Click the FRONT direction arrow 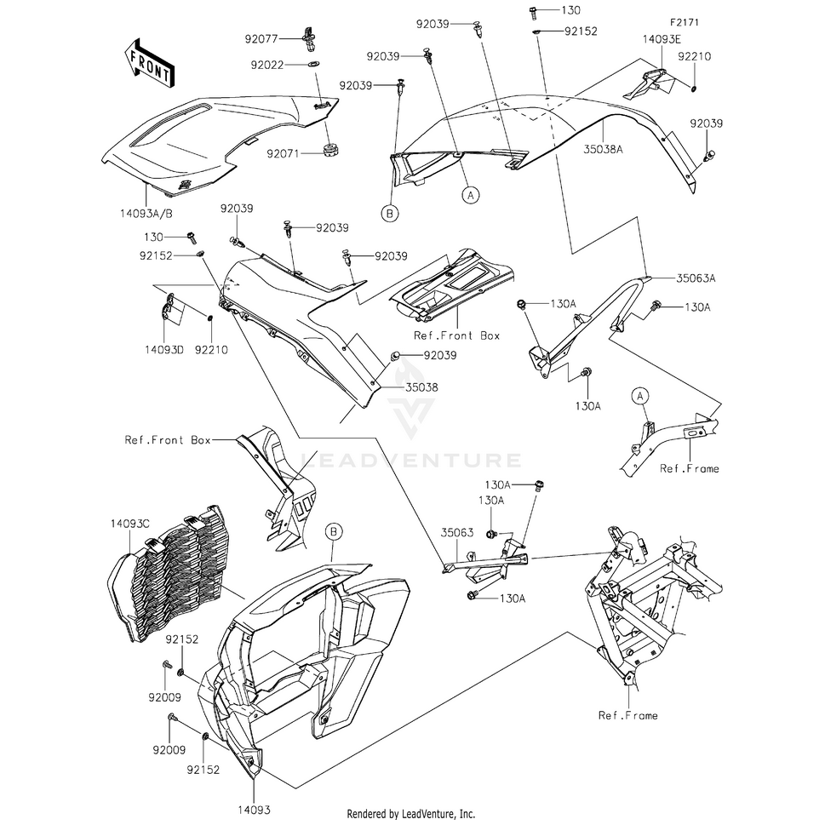pos(150,63)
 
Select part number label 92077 pos(261,39)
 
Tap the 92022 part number pos(267,66)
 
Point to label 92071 pos(283,153)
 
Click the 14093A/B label pos(146,214)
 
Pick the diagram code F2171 pos(684,23)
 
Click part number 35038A pos(603,150)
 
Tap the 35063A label pos(696,278)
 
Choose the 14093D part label pos(164,350)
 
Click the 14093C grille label pos(130,524)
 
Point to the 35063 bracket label pos(456,533)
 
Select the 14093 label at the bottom pos(254,811)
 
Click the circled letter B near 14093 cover pos(334,532)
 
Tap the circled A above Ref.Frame pos(639,396)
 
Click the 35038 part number pos(421,387)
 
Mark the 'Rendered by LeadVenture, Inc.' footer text pos(411,814)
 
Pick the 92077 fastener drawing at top pos(309,39)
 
